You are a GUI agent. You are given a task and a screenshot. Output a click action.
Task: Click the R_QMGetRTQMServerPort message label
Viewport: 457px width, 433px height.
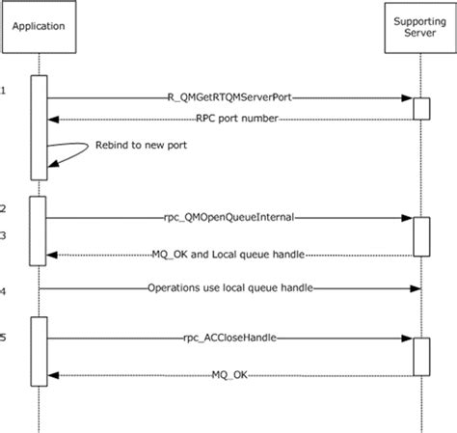pyautogui.click(x=229, y=97)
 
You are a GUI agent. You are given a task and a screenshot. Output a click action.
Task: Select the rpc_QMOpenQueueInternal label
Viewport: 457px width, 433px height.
pyautogui.click(x=229, y=218)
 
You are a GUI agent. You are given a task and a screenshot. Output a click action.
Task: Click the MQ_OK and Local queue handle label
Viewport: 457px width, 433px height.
pyautogui.click(x=229, y=255)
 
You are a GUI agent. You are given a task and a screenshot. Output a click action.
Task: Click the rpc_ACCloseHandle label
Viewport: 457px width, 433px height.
pyautogui.click(x=229, y=338)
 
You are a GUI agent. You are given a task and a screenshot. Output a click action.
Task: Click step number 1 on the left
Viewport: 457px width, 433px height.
pyautogui.click(x=4, y=91)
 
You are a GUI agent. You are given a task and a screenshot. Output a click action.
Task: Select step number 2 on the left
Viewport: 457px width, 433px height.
pyautogui.click(x=4, y=208)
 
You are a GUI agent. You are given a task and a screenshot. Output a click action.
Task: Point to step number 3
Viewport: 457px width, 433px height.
pyautogui.click(x=4, y=234)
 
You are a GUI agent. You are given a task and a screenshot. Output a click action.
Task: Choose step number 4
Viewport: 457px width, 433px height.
pyautogui.click(x=4, y=289)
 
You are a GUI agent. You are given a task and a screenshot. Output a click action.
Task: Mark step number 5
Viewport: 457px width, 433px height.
pyautogui.click(x=4, y=337)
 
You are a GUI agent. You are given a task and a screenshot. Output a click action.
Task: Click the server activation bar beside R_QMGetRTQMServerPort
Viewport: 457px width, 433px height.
pyautogui.click(x=421, y=107)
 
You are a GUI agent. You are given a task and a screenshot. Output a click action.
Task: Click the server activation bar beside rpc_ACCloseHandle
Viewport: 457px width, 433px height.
pyautogui.click(x=421, y=356)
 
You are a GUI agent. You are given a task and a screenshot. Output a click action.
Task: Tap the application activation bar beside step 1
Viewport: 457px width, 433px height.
pyautogui.click(x=40, y=126)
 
